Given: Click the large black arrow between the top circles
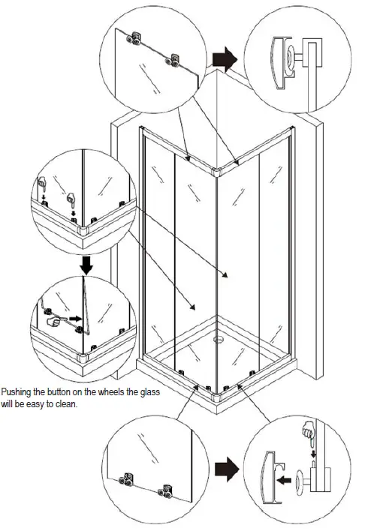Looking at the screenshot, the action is pos(225,59).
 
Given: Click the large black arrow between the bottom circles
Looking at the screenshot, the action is pos(227,469).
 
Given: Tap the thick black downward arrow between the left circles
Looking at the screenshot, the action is pos(87,265).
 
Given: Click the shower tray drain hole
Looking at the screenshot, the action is pos(218,339).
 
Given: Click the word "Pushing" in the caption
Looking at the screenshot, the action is pos(16,392).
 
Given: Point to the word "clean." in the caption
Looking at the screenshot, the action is pos(67,404).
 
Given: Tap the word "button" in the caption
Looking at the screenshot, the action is pos(59,392).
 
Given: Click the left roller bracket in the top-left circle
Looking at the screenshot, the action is pos(134,38).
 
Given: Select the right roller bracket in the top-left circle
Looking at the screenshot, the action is pos(172,60).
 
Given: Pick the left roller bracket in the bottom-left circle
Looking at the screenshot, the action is pos(126,479).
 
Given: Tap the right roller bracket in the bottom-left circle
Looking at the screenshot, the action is pos(165,491).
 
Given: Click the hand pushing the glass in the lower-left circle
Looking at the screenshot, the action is pos(53,321).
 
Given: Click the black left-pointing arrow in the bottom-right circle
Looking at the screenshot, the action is pos(284,479).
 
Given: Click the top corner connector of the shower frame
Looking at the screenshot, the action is pos(216,172).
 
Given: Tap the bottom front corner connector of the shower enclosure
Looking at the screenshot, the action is pos(217,397).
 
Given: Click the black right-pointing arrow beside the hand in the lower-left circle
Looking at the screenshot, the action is pos(75,318).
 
